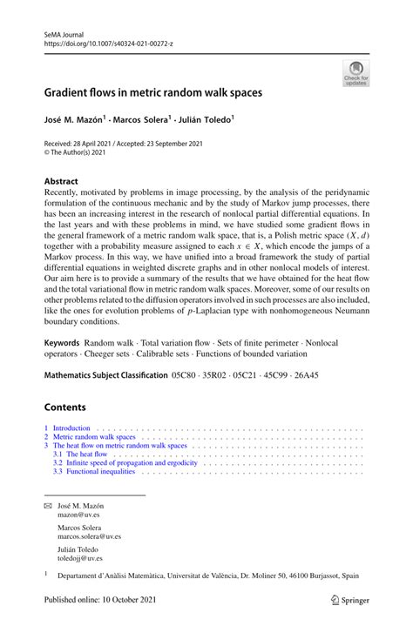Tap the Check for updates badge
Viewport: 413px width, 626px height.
click(355, 74)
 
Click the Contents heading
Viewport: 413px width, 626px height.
click(65, 407)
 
